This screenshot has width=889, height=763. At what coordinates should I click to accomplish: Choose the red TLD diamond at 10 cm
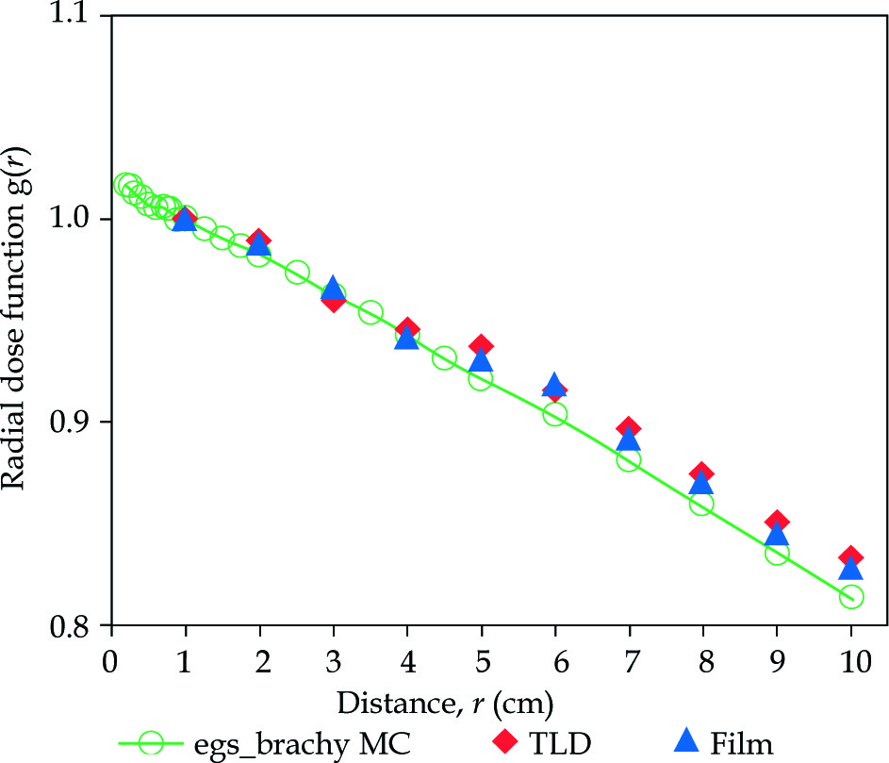click(851, 557)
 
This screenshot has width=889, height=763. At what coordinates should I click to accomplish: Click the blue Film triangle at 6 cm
click(555, 386)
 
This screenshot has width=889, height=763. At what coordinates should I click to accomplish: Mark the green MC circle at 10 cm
click(851, 596)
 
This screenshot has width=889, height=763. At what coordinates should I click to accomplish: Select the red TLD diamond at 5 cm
click(482, 346)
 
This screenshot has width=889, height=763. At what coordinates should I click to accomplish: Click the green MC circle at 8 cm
click(702, 504)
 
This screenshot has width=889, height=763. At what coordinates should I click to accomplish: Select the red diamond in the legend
click(510, 744)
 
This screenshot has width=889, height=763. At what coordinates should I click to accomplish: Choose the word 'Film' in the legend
click(744, 744)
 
